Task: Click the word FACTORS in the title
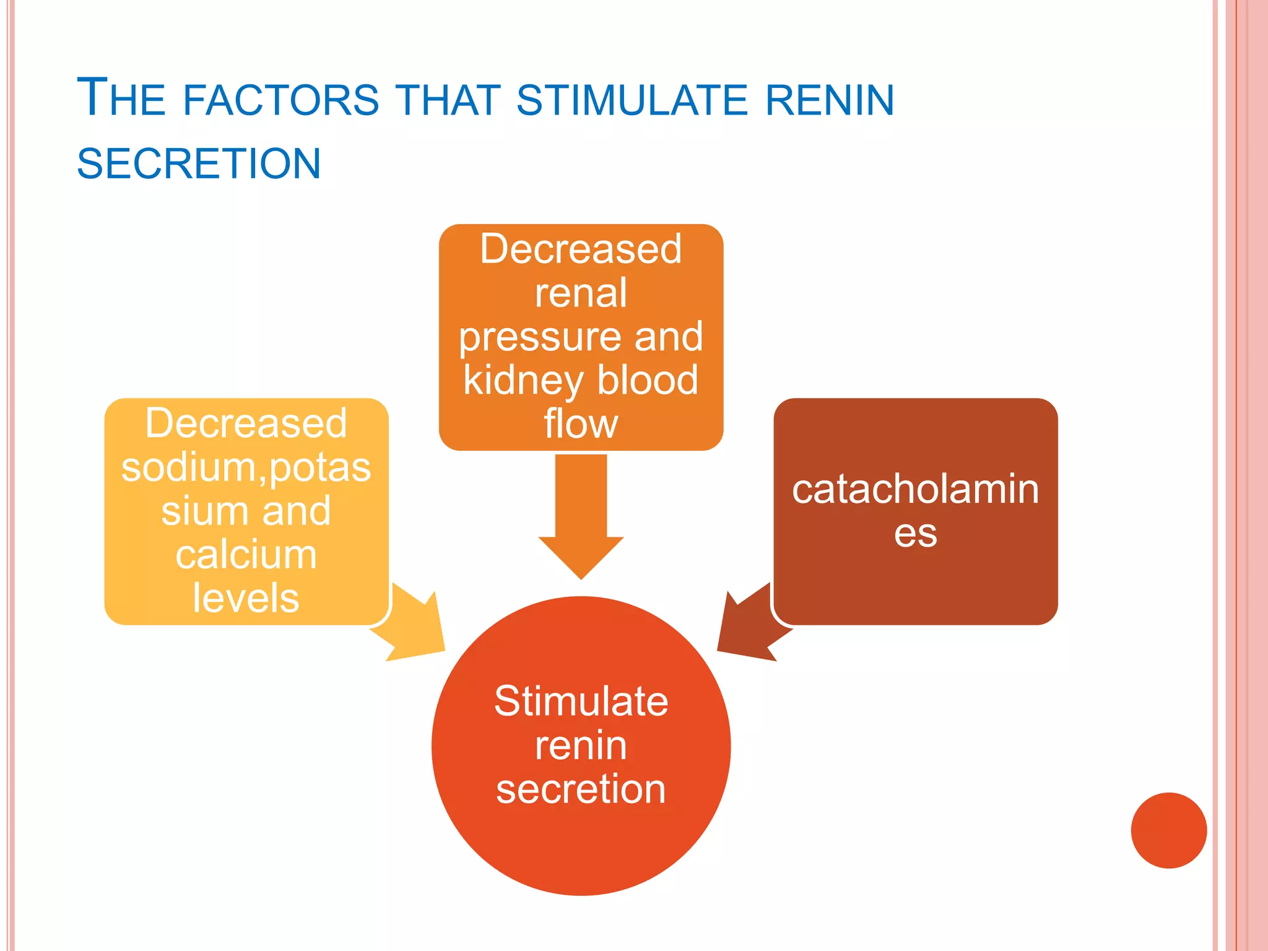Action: [x=280, y=100]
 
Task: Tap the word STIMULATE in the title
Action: [x=632, y=100]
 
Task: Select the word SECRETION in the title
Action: [x=199, y=164]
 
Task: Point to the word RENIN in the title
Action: [x=830, y=100]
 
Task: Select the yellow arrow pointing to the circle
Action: [x=412, y=625]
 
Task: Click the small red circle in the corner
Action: [x=1168, y=830]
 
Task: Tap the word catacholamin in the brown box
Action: [x=915, y=489]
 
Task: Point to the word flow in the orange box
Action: [x=581, y=424]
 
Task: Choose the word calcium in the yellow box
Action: [x=246, y=555]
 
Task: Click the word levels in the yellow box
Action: [x=246, y=598]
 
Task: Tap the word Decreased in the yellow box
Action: [x=246, y=423]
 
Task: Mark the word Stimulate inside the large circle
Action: [x=581, y=701]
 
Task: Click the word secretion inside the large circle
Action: [x=581, y=789]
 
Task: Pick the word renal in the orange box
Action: [x=581, y=293]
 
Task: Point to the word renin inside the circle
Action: [x=581, y=745]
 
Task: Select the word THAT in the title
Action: [x=448, y=100]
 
